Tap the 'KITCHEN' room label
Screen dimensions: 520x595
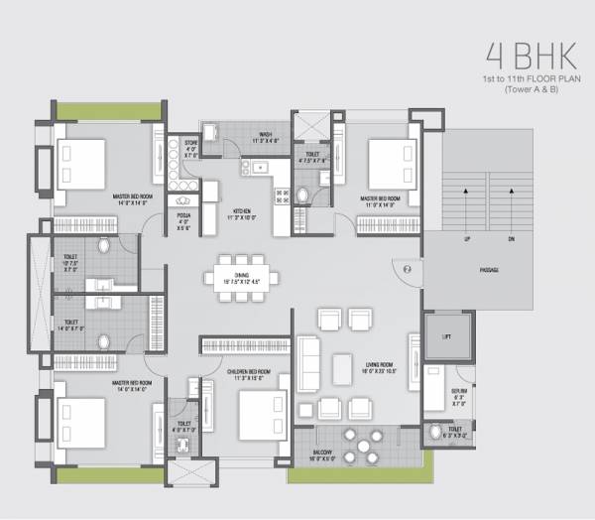tap(242, 210)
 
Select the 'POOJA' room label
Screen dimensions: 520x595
tap(183, 215)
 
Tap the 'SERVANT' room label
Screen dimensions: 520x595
tap(457, 393)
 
